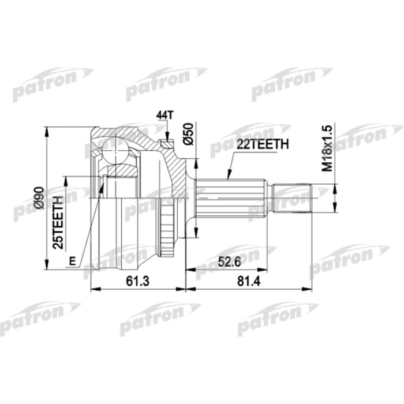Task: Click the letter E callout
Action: pos(72,261)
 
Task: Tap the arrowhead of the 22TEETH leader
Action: pos(228,177)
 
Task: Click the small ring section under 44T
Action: pos(166,142)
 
